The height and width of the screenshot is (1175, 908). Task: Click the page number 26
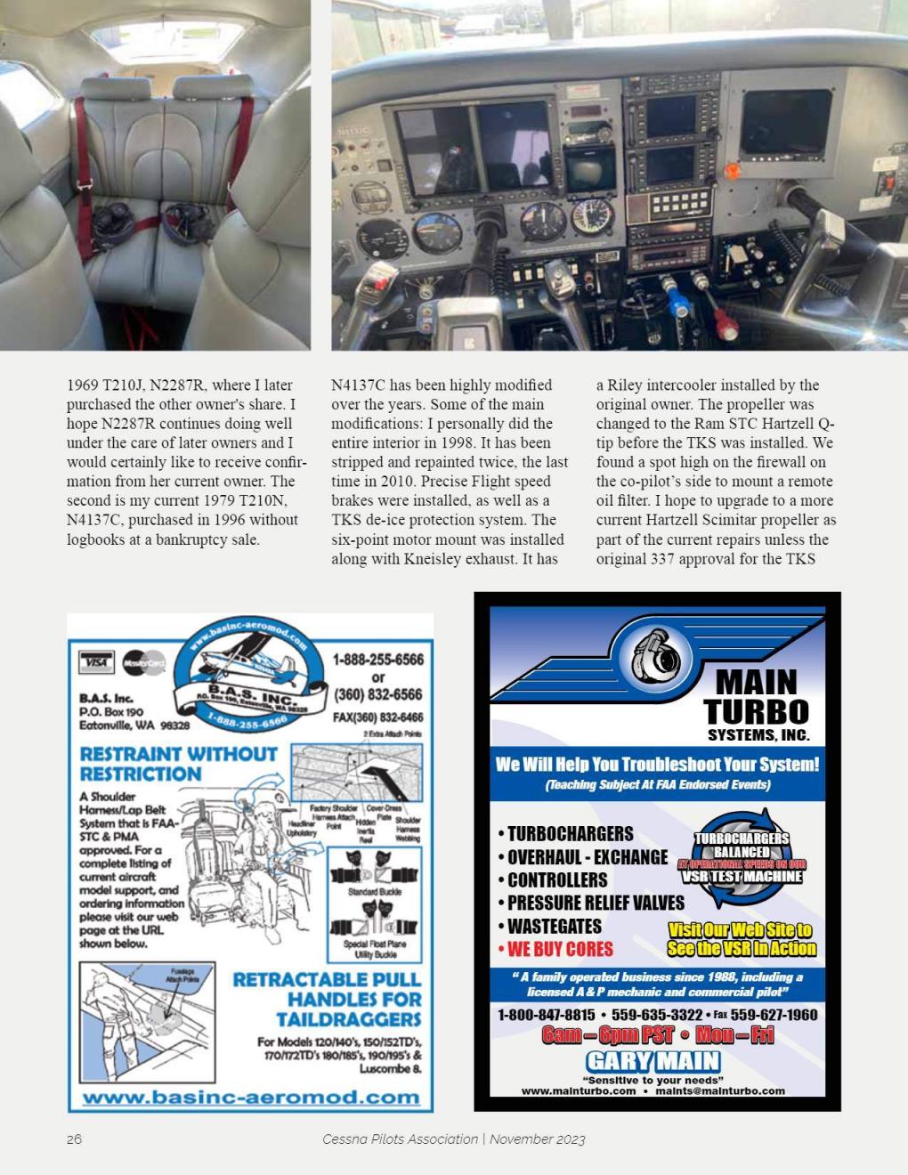pos(74,1139)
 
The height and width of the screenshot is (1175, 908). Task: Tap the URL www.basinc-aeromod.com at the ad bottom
pos(251,1097)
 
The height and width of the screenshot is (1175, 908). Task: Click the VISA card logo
pos(97,662)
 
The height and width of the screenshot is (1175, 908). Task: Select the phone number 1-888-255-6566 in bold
pos(377,660)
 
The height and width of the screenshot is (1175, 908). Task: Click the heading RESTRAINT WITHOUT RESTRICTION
pos(178,764)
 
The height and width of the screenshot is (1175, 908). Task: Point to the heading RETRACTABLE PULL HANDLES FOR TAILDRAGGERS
pos(327,999)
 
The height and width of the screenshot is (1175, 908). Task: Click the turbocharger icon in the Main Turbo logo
pos(655,659)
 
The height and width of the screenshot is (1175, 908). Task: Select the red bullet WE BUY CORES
pos(559,949)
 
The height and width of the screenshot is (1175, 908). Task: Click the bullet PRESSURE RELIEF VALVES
pos(595,903)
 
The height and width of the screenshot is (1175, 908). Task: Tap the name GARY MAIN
pos(653,1060)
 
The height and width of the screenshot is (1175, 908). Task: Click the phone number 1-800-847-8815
pos(546,1015)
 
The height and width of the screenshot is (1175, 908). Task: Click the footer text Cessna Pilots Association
pos(400,1139)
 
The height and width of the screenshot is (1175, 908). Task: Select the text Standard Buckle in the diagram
pos(374,891)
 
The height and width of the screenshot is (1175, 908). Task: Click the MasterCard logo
pos(143,662)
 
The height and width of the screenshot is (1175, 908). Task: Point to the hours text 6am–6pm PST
pos(608,1035)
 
